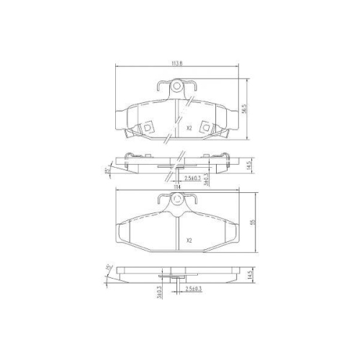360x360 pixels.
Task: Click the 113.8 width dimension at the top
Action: click(177, 63)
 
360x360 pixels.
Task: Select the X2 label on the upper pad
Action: click(189, 129)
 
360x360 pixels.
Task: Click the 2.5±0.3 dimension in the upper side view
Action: click(193, 176)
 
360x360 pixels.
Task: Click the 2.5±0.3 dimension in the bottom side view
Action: click(193, 288)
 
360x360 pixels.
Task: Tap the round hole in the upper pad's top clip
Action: click(176, 89)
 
